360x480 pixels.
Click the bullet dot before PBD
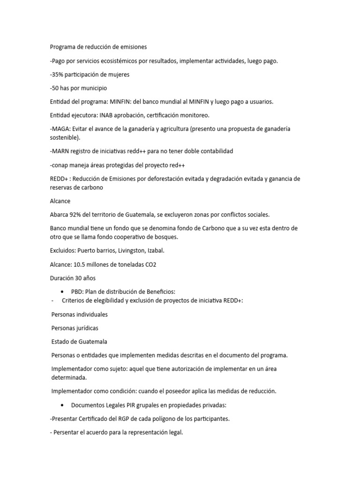pyautogui.click(x=62, y=292)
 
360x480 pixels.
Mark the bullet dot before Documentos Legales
pyautogui.click(x=62, y=405)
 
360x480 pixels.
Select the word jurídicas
pyautogui.click(x=87, y=328)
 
